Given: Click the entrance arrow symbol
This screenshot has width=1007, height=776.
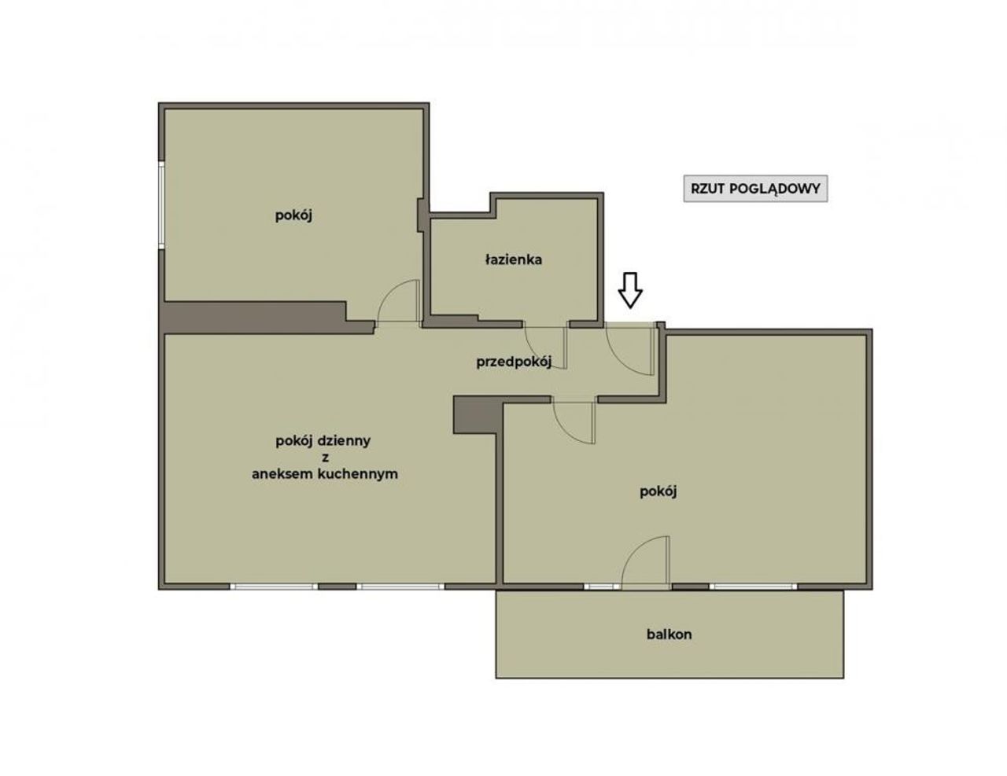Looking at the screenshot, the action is [x=630, y=290].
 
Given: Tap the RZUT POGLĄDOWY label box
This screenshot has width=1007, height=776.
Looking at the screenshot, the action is [x=755, y=189].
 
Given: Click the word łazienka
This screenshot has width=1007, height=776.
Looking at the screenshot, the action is [x=514, y=259].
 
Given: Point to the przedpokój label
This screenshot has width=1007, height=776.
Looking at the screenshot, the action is [x=514, y=362].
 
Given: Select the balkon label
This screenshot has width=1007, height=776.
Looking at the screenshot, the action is [x=669, y=634].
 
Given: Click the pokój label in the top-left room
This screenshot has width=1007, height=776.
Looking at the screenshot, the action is [x=293, y=215].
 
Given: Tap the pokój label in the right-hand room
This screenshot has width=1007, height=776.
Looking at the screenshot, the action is [x=658, y=491].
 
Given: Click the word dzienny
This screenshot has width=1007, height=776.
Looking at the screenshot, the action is [x=344, y=441].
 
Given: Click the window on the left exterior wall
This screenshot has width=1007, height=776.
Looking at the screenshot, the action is [x=162, y=205].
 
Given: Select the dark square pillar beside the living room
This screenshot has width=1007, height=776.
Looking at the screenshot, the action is [x=478, y=415].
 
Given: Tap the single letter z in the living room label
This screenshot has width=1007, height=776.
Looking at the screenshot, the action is [x=325, y=458].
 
